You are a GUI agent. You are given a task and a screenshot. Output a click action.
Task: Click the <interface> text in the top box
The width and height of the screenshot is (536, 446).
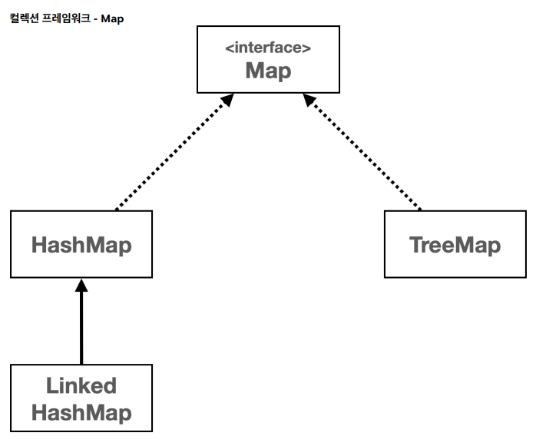268,48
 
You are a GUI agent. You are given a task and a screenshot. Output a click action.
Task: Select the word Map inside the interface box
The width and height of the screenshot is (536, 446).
268,71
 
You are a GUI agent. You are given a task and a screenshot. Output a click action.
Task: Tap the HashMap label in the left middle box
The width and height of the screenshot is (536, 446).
81,245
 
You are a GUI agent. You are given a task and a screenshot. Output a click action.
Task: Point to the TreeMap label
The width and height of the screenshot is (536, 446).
455,245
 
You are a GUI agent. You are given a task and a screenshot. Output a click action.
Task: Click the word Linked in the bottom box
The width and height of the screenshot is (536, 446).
81,385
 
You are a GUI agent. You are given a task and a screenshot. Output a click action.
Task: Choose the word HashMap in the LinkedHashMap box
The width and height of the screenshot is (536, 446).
81,412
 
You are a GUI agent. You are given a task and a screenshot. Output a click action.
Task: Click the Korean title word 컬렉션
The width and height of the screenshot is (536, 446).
25,18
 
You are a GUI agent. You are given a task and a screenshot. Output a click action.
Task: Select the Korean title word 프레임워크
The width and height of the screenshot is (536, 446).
66,18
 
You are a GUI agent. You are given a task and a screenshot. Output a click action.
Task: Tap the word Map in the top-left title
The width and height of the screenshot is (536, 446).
112,18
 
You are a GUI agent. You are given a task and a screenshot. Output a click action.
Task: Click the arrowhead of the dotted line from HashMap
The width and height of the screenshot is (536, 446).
228,99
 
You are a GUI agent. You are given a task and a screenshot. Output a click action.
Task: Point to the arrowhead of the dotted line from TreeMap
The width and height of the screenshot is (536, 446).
309,99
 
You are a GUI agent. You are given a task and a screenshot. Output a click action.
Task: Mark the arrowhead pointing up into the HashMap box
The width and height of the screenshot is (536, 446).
81,285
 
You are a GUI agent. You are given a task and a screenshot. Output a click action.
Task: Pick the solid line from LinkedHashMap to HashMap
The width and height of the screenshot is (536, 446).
81,328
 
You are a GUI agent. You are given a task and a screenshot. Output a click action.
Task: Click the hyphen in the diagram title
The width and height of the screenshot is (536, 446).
95,19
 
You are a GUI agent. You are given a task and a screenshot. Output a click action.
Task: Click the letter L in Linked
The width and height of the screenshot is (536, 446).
52,385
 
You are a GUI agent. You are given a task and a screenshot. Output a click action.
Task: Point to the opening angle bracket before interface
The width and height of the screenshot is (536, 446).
229,48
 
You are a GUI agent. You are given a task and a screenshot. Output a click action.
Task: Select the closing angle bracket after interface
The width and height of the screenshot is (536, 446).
307,48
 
